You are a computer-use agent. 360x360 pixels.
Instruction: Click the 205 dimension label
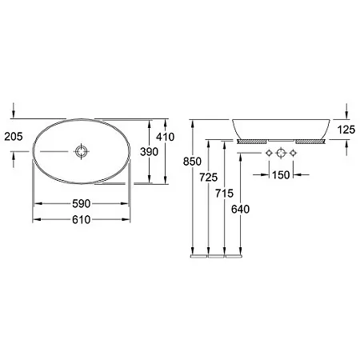point(14,137)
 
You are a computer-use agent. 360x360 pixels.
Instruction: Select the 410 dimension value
point(166,137)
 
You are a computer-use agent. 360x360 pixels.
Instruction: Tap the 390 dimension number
point(150,152)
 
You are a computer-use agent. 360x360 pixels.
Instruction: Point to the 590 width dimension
point(82,204)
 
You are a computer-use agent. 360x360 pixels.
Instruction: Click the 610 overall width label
point(82,220)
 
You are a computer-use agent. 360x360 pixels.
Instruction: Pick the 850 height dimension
point(192,162)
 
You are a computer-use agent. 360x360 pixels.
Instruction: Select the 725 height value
point(209,177)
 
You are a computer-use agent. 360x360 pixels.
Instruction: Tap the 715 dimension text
point(225,193)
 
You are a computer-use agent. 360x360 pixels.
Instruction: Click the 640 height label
point(241,210)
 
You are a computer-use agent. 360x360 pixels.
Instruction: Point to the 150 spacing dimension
point(281,175)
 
